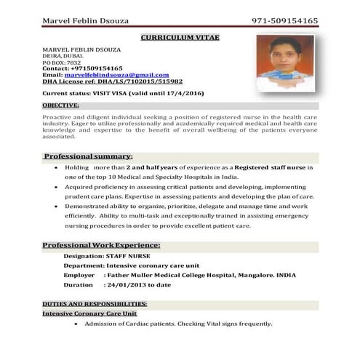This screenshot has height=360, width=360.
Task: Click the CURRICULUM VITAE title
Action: pos(179,36)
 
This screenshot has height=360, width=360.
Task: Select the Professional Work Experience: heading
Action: pos(101,245)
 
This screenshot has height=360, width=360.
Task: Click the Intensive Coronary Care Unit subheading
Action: pos(89,313)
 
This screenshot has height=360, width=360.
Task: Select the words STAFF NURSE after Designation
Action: pos(127,257)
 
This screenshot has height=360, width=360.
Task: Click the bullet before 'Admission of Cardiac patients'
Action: pos(87,324)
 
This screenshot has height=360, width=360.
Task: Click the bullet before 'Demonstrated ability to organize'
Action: pos(57,207)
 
